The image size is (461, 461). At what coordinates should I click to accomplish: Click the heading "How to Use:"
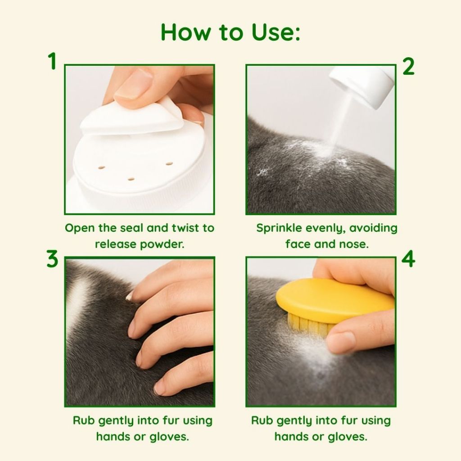[x=230, y=32]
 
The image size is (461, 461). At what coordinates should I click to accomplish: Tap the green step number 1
[x=52, y=61]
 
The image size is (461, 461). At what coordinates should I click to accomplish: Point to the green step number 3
[x=52, y=259]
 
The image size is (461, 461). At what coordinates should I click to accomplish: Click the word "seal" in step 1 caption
[x=129, y=228]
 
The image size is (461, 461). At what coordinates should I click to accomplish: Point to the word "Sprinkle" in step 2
[x=279, y=228]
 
